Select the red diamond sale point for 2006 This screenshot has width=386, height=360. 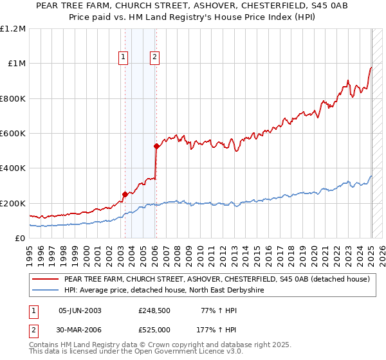tap(156, 147)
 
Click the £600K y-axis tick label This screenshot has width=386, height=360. tap(12, 134)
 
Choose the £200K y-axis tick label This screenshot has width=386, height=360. tap(12, 203)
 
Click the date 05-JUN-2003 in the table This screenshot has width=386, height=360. tap(80, 310)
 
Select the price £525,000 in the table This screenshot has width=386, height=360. tap(154, 330)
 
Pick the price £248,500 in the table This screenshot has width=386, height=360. tap(154, 310)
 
